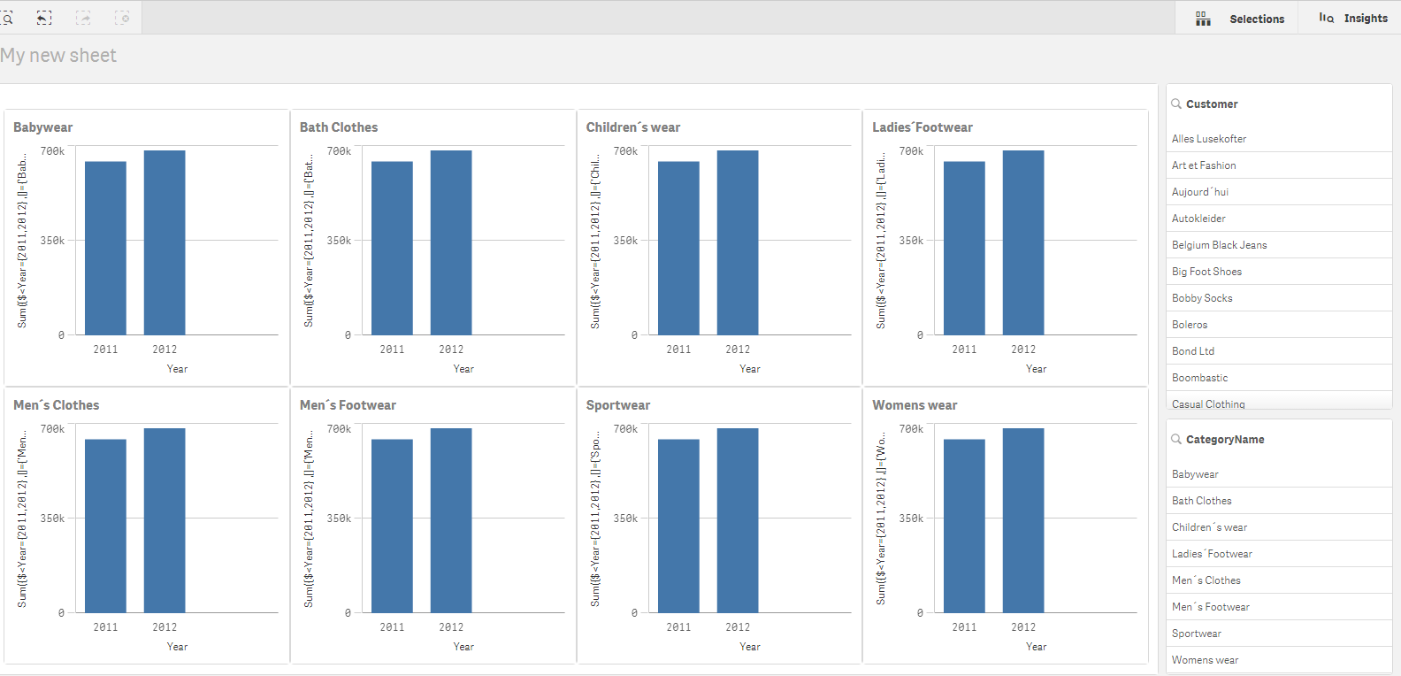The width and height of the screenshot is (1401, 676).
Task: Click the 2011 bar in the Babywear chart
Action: click(x=105, y=248)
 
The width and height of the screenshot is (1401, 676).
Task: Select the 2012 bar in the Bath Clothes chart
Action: click(x=451, y=242)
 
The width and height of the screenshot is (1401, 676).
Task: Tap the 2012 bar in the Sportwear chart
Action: click(x=738, y=520)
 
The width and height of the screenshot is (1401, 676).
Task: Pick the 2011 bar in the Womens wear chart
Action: click(x=964, y=526)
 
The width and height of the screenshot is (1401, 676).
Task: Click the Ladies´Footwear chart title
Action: click(x=923, y=127)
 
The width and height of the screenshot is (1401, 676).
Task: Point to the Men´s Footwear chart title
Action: click(x=348, y=405)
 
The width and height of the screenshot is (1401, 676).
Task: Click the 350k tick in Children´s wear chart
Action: click(x=625, y=241)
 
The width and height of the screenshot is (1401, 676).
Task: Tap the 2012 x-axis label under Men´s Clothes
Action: click(x=165, y=627)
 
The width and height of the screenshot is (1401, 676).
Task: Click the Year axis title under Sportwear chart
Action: click(x=750, y=647)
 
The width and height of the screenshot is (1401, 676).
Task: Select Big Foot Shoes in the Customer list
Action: click(x=1206, y=272)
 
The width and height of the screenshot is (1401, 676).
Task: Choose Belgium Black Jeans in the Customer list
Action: click(x=1219, y=245)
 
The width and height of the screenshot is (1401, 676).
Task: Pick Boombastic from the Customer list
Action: click(x=1199, y=378)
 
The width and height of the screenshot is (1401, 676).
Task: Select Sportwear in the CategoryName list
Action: click(x=1196, y=634)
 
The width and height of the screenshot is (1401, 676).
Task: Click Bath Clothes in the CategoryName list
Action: click(x=1201, y=501)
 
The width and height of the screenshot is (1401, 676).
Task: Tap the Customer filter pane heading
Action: click(x=1212, y=104)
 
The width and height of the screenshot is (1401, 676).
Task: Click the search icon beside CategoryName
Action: click(x=1176, y=439)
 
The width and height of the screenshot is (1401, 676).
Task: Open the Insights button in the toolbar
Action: click(x=1353, y=18)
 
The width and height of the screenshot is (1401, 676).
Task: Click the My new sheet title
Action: click(x=58, y=56)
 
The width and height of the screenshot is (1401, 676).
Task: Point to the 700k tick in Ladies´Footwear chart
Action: click(x=911, y=151)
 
